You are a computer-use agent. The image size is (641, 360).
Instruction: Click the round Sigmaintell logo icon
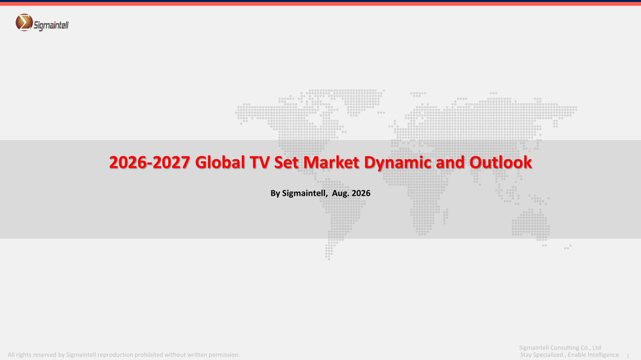click(24, 23)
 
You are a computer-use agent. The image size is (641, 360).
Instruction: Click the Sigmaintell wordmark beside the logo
click(51, 26)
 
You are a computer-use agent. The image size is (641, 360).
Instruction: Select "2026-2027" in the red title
click(149, 162)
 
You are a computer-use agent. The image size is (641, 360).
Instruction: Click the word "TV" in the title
click(259, 162)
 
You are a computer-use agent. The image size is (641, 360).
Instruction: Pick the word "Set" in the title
click(286, 162)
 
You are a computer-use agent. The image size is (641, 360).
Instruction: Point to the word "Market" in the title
click(331, 162)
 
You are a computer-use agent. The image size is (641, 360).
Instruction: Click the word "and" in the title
click(450, 162)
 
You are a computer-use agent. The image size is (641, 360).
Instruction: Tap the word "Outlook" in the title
click(500, 162)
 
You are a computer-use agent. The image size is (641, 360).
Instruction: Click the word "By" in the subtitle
click(275, 194)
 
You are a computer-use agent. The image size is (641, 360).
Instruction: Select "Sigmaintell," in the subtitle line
click(305, 194)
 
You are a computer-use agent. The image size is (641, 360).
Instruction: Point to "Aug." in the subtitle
click(341, 194)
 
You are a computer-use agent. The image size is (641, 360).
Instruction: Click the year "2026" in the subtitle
click(361, 193)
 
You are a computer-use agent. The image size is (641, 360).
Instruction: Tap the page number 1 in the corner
click(628, 355)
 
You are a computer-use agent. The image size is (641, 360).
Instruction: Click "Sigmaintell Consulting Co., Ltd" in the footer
click(560, 347)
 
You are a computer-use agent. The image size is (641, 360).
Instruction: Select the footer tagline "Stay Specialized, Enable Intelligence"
click(569, 355)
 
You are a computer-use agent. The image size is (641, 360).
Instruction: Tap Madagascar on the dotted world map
click(446, 216)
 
